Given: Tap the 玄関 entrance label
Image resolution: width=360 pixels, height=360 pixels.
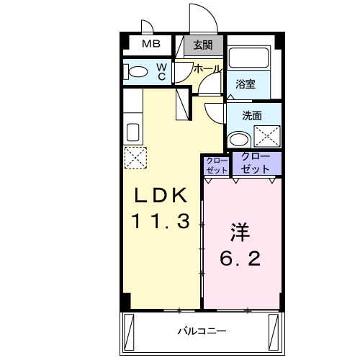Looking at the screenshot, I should click(x=203, y=45).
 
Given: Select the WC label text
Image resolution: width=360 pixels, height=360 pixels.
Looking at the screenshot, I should click(x=162, y=71).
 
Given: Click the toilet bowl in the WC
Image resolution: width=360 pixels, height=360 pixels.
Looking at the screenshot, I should click(x=137, y=71).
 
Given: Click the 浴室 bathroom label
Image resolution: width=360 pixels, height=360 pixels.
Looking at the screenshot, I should click(x=246, y=84).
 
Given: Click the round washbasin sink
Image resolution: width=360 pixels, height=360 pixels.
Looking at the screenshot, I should click(x=237, y=138).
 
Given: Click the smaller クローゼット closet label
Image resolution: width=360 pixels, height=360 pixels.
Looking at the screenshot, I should click(x=216, y=165).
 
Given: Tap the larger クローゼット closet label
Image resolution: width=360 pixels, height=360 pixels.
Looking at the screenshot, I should click(x=256, y=163).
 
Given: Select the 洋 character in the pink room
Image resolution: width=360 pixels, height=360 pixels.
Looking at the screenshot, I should click(x=240, y=232).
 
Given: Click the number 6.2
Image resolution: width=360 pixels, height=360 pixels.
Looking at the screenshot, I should click(x=240, y=258).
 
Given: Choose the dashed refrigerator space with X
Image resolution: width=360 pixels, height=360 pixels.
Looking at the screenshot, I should click(x=135, y=158).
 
